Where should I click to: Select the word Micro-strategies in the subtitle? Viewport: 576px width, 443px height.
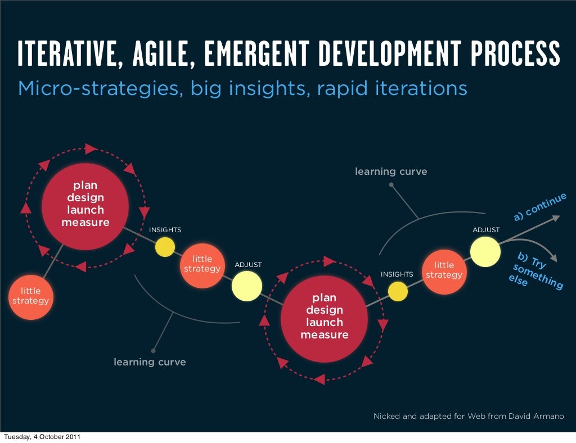(x=97, y=88)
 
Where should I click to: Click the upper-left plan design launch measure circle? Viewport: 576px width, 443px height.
(x=85, y=205)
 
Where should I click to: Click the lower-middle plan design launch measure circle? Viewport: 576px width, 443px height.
(x=325, y=317)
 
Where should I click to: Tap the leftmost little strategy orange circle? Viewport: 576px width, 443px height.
(x=31, y=297)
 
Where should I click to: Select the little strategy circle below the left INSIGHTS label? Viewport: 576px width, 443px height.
(x=202, y=264)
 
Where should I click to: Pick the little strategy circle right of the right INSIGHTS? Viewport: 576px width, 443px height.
(x=444, y=270)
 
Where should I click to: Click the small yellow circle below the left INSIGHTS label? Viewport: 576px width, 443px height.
(x=165, y=247)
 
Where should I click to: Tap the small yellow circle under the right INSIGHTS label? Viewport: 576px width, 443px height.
(x=397, y=291)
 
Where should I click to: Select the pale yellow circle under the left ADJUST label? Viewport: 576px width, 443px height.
(x=247, y=286)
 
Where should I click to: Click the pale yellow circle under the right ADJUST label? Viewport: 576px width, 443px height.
(x=485, y=251)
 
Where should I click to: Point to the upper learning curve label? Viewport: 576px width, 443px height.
(x=391, y=171)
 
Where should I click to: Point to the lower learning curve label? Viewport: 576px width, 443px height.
(x=150, y=362)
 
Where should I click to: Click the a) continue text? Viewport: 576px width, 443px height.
(x=539, y=207)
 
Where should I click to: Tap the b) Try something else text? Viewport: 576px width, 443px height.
(x=534, y=270)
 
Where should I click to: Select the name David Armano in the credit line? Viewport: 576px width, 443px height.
(x=535, y=417)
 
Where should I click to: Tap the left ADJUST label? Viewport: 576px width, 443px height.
(x=248, y=265)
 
